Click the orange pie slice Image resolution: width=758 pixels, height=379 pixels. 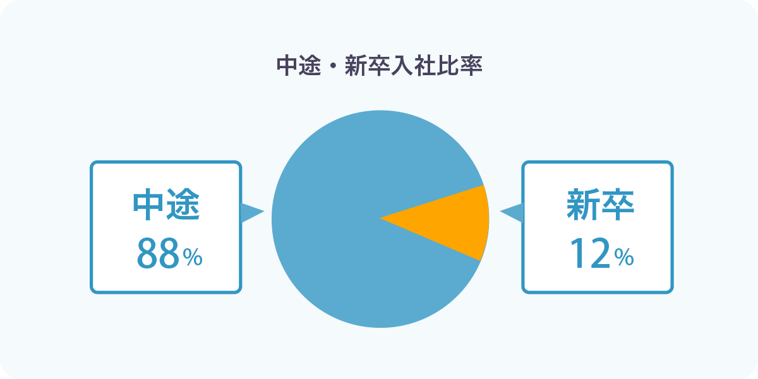pyautogui.click(x=450, y=222)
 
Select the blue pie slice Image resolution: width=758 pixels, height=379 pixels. pyautogui.click(x=339, y=219)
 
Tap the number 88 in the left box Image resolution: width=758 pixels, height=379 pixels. pyautogui.click(x=158, y=253)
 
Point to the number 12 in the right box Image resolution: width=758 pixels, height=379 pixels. pyautogui.click(x=590, y=253)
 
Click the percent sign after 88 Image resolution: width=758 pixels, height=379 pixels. pyautogui.click(x=193, y=257)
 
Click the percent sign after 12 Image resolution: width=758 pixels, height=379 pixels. pyautogui.click(x=624, y=257)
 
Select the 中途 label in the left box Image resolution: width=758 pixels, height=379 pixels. pyautogui.click(x=166, y=205)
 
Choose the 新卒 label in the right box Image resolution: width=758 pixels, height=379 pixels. pyautogui.click(x=600, y=205)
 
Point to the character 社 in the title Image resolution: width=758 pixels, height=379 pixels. pyautogui.click(x=424, y=66)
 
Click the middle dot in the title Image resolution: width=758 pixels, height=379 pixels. pyautogui.click(x=333, y=66)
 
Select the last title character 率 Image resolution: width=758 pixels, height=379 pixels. pyautogui.click(x=471, y=66)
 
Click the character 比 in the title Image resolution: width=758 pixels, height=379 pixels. pyautogui.click(x=448, y=66)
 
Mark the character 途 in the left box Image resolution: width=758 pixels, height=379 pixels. pyautogui.click(x=183, y=205)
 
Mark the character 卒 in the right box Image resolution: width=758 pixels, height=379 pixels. pyautogui.click(x=618, y=205)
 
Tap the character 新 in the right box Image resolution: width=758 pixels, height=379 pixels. pyautogui.click(x=584, y=205)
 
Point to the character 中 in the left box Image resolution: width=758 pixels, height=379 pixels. pyautogui.click(x=148, y=205)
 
